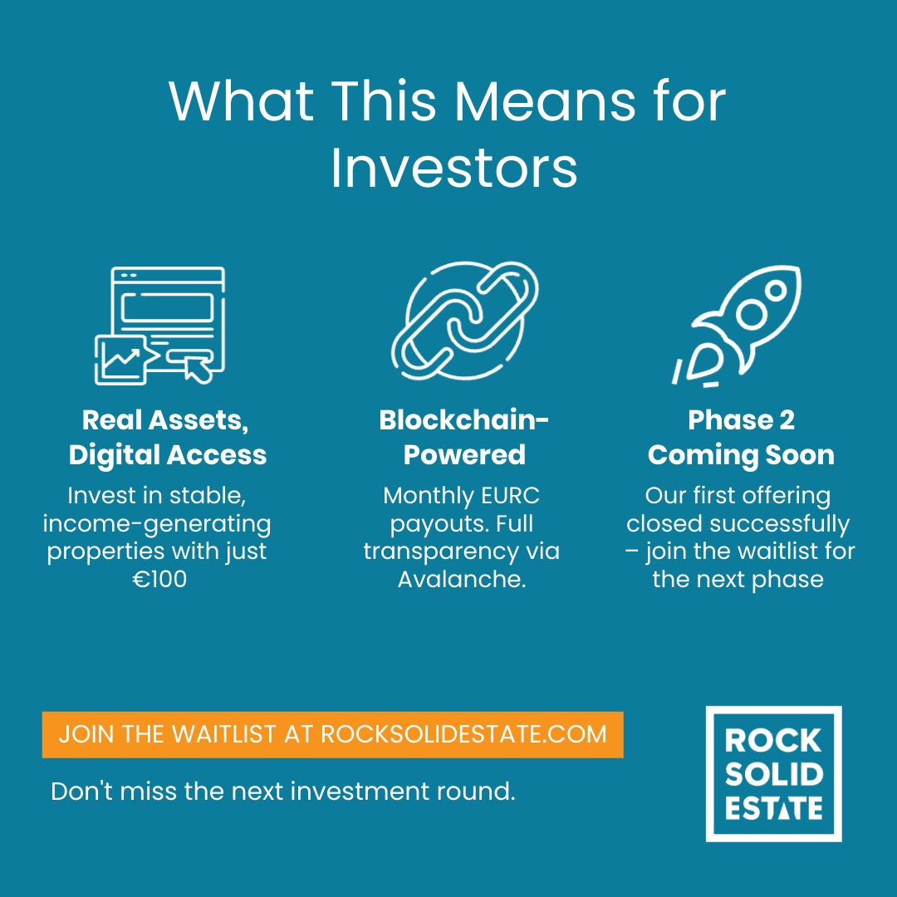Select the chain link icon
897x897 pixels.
coord(464,321)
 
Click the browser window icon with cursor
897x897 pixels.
coord(159,325)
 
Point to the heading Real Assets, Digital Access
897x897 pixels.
coord(167,438)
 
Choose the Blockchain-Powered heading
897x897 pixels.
coord(463,438)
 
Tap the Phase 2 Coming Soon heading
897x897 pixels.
coord(741,438)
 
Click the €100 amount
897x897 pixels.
coord(159,579)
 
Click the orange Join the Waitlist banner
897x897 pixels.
coord(332,734)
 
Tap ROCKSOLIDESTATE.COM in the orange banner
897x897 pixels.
coord(463,734)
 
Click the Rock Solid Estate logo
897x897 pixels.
coord(773,773)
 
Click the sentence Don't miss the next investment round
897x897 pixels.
coord(283,791)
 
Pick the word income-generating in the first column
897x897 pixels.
coord(157,524)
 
